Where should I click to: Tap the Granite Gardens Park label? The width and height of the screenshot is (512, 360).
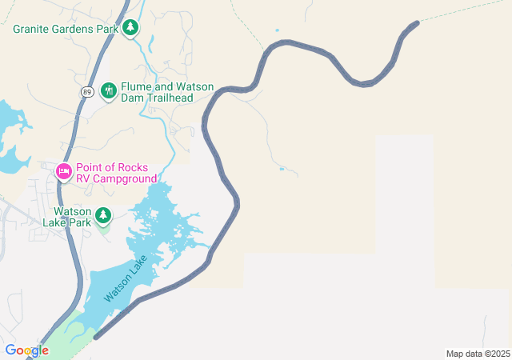tap(66, 29)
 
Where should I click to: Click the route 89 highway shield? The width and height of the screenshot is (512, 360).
tap(86, 92)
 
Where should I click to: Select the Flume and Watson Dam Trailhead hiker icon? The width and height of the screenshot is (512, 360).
tap(109, 91)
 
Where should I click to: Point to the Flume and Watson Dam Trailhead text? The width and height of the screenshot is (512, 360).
tap(157, 91)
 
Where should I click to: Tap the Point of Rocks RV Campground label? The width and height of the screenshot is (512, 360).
tap(116, 173)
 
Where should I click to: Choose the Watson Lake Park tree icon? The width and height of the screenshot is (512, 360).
tap(103, 215)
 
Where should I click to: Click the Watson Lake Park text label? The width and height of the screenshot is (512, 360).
tap(73, 216)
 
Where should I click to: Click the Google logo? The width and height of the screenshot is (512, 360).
tap(26, 350)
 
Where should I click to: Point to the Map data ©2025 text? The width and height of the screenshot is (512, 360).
tap(478, 354)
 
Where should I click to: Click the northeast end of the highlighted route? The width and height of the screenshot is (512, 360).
tap(415, 24)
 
